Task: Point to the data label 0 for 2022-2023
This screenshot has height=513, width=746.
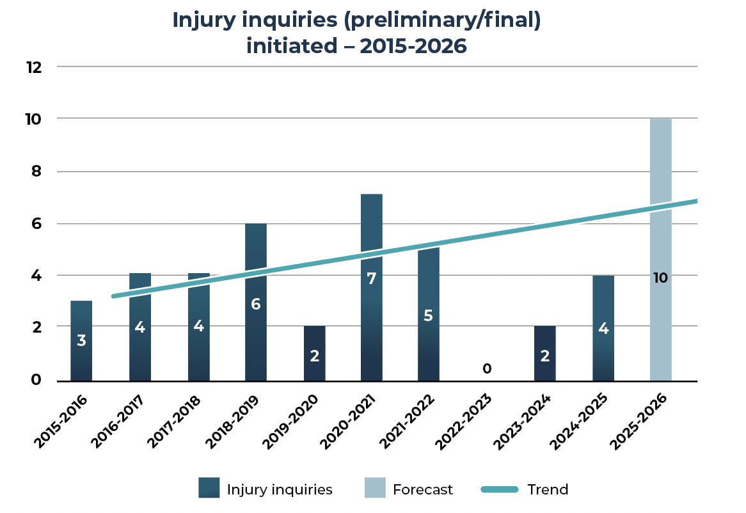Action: (x=487, y=369)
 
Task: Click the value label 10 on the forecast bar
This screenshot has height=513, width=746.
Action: (x=660, y=278)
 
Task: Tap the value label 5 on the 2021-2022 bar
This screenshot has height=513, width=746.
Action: (x=429, y=315)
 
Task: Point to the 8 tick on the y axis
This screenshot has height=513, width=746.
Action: (x=36, y=171)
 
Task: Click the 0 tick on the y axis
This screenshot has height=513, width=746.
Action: (x=36, y=380)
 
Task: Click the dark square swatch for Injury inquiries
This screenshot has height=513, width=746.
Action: (x=209, y=489)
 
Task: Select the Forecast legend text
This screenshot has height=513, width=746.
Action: (x=422, y=489)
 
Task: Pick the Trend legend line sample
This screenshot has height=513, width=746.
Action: (x=499, y=489)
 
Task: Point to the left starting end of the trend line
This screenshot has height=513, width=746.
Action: (x=114, y=296)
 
